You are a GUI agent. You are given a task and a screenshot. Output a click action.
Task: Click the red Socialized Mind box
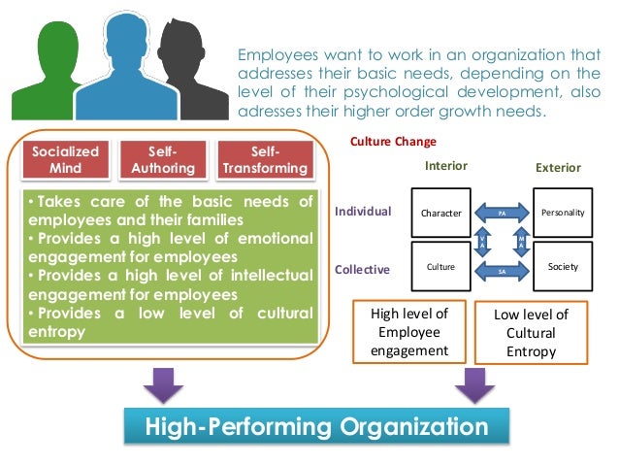[x=66, y=160]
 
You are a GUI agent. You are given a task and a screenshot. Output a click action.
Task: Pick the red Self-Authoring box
[x=162, y=160]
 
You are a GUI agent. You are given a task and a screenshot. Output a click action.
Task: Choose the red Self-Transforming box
[x=265, y=160]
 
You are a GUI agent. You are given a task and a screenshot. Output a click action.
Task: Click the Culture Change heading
[x=392, y=142]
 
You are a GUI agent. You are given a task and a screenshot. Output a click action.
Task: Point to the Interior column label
[x=446, y=166]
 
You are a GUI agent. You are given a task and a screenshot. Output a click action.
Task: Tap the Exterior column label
[x=558, y=169]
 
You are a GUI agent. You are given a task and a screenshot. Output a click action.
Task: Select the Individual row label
[x=362, y=211]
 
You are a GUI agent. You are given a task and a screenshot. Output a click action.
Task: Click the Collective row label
[x=362, y=269]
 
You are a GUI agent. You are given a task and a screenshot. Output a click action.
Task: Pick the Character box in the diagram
[x=440, y=212]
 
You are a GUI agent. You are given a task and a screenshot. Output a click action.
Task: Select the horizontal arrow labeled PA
[x=502, y=211]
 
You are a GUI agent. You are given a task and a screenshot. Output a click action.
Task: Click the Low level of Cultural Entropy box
[x=531, y=333]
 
